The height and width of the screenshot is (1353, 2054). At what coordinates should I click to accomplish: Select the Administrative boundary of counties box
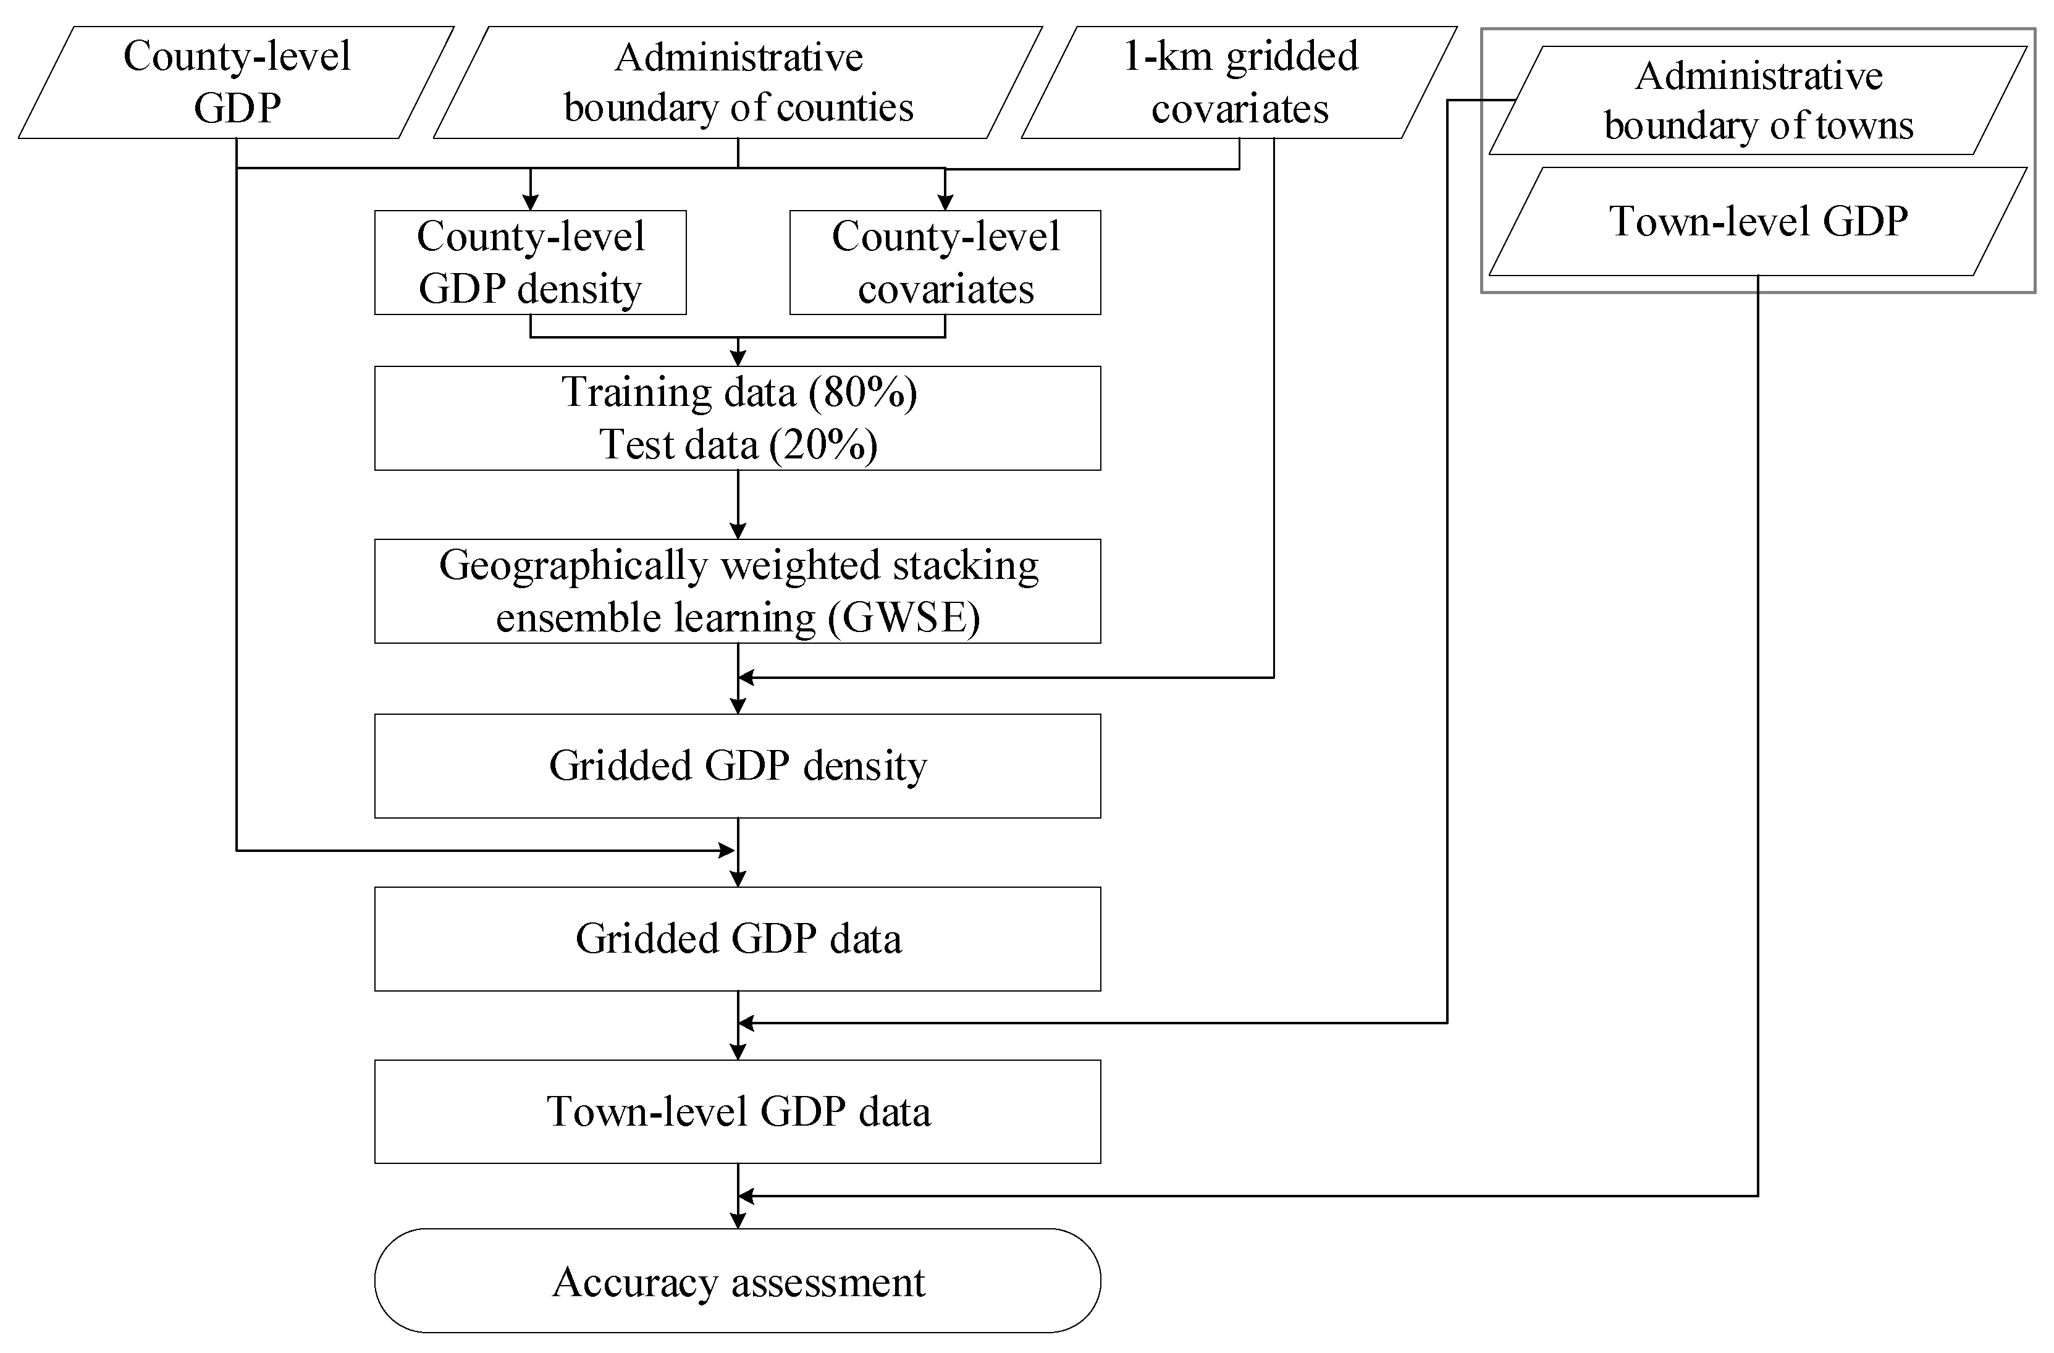point(738,82)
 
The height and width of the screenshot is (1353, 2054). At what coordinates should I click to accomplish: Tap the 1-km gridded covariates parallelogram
point(1239,82)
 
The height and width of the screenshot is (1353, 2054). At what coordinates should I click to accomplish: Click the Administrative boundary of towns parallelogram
point(1758,100)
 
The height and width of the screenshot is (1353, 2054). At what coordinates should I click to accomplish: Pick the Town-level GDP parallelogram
point(1758,221)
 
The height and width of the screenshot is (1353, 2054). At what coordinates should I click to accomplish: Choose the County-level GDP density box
point(530,263)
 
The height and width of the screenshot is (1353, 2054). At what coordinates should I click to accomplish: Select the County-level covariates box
point(945,263)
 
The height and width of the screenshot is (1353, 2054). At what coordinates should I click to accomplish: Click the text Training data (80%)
point(739,392)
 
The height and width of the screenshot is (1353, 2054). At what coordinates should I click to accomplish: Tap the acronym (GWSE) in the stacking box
point(904,618)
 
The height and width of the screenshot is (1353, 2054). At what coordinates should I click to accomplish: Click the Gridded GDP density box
point(738,765)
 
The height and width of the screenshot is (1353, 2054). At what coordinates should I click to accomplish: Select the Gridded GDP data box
point(738,939)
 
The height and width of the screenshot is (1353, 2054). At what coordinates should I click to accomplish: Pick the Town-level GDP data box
point(738,1111)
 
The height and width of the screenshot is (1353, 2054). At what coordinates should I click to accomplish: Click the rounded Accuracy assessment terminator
point(738,1281)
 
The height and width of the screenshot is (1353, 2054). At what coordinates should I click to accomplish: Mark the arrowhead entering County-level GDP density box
point(530,203)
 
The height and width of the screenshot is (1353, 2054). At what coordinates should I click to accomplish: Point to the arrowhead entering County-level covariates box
point(945,203)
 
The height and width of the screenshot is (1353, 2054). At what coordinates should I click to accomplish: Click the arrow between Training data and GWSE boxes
point(738,505)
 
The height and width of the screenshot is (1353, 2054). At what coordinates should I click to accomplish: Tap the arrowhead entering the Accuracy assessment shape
point(738,1220)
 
